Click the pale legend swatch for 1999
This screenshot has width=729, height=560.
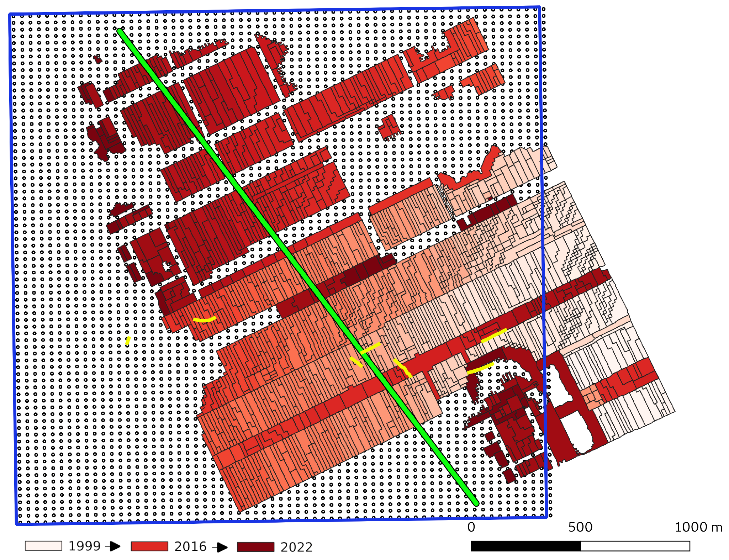point(43,546)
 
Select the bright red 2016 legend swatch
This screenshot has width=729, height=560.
point(149,546)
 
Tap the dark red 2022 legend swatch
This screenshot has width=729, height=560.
point(255,547)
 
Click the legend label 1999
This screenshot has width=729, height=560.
point(84,546)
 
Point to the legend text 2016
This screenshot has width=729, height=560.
point(190,546)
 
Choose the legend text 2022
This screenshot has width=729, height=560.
point(296,547)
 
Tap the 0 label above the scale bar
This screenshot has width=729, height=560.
point(471,527)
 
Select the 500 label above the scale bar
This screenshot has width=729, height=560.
point(580,527)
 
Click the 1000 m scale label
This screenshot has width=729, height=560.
point(698,527)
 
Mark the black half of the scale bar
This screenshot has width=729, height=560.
point(525,546)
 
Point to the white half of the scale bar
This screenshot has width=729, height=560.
point(635,546)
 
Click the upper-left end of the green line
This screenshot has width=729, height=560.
point(120,31)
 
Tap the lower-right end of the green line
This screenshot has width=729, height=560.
point(476,503)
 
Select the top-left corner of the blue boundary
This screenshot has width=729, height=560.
point(10,15)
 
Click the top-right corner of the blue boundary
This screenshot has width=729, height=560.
point(540,7)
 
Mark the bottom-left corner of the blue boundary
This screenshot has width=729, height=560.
point(17,524)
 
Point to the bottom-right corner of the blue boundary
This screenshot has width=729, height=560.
point(546,517)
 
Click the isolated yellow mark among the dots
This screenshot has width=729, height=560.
point(128,340)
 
